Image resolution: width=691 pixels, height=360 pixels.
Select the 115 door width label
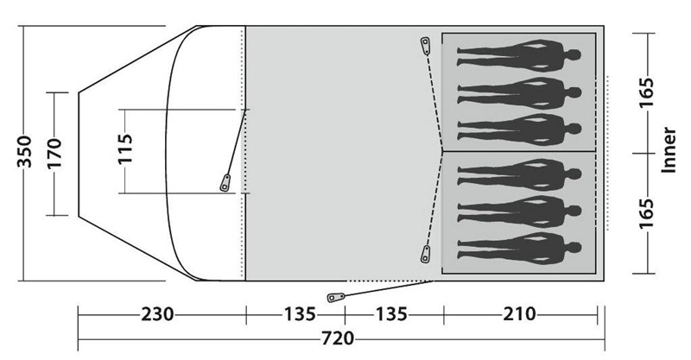126,150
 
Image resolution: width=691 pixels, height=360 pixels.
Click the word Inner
668,151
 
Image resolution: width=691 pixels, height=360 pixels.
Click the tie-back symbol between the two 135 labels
334,298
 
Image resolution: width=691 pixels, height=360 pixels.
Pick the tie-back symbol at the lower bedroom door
424,255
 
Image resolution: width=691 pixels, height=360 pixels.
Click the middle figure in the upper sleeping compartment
517,88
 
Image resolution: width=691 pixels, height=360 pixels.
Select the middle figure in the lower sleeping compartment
517,212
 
